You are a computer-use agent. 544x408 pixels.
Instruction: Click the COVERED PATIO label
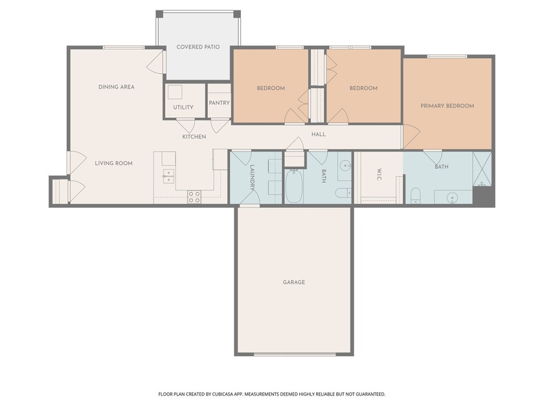pyautogui.click(x=198, y=47)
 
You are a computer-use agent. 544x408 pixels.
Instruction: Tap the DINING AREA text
pyautogui.click(x=117, y=87)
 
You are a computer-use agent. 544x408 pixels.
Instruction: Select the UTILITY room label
pyautogui.click(x=183, y=108)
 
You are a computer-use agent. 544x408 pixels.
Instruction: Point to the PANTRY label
pyautogui.click(x=220, y=103)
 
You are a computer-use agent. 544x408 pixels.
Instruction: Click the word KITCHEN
pyautogui.click(x=194, y=137)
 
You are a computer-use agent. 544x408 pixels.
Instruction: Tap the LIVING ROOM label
pyautogui.click(x=114, y=163)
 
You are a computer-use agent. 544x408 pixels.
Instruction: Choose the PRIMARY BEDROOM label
pyautogui.click(x=447, y=106)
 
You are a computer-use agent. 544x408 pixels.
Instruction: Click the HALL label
pyautogui.click(x=319, y=135)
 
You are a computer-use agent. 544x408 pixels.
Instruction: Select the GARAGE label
pyautogui.click(x=293, y=282)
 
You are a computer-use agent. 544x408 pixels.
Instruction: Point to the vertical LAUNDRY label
pyautogui.click(x=253, y=176)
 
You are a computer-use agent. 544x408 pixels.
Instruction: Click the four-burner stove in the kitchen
pyautogui.click(x=194, y=197)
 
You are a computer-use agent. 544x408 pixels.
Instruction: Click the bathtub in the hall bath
pyautogui.click(x=294, y=185)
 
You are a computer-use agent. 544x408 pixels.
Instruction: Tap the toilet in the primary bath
pyautogui.click(x=416, y=195)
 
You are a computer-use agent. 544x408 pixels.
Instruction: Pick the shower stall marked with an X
pyautogui.click(x=482, y=168)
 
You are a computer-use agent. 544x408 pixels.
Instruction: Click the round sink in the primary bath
pyautogui.click(x=453, y=197)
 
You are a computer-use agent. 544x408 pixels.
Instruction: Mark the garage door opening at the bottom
pyautogui.click(x=295, y=354)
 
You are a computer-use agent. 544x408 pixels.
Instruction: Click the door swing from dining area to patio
pyautogui.click(x=156, y=63)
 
